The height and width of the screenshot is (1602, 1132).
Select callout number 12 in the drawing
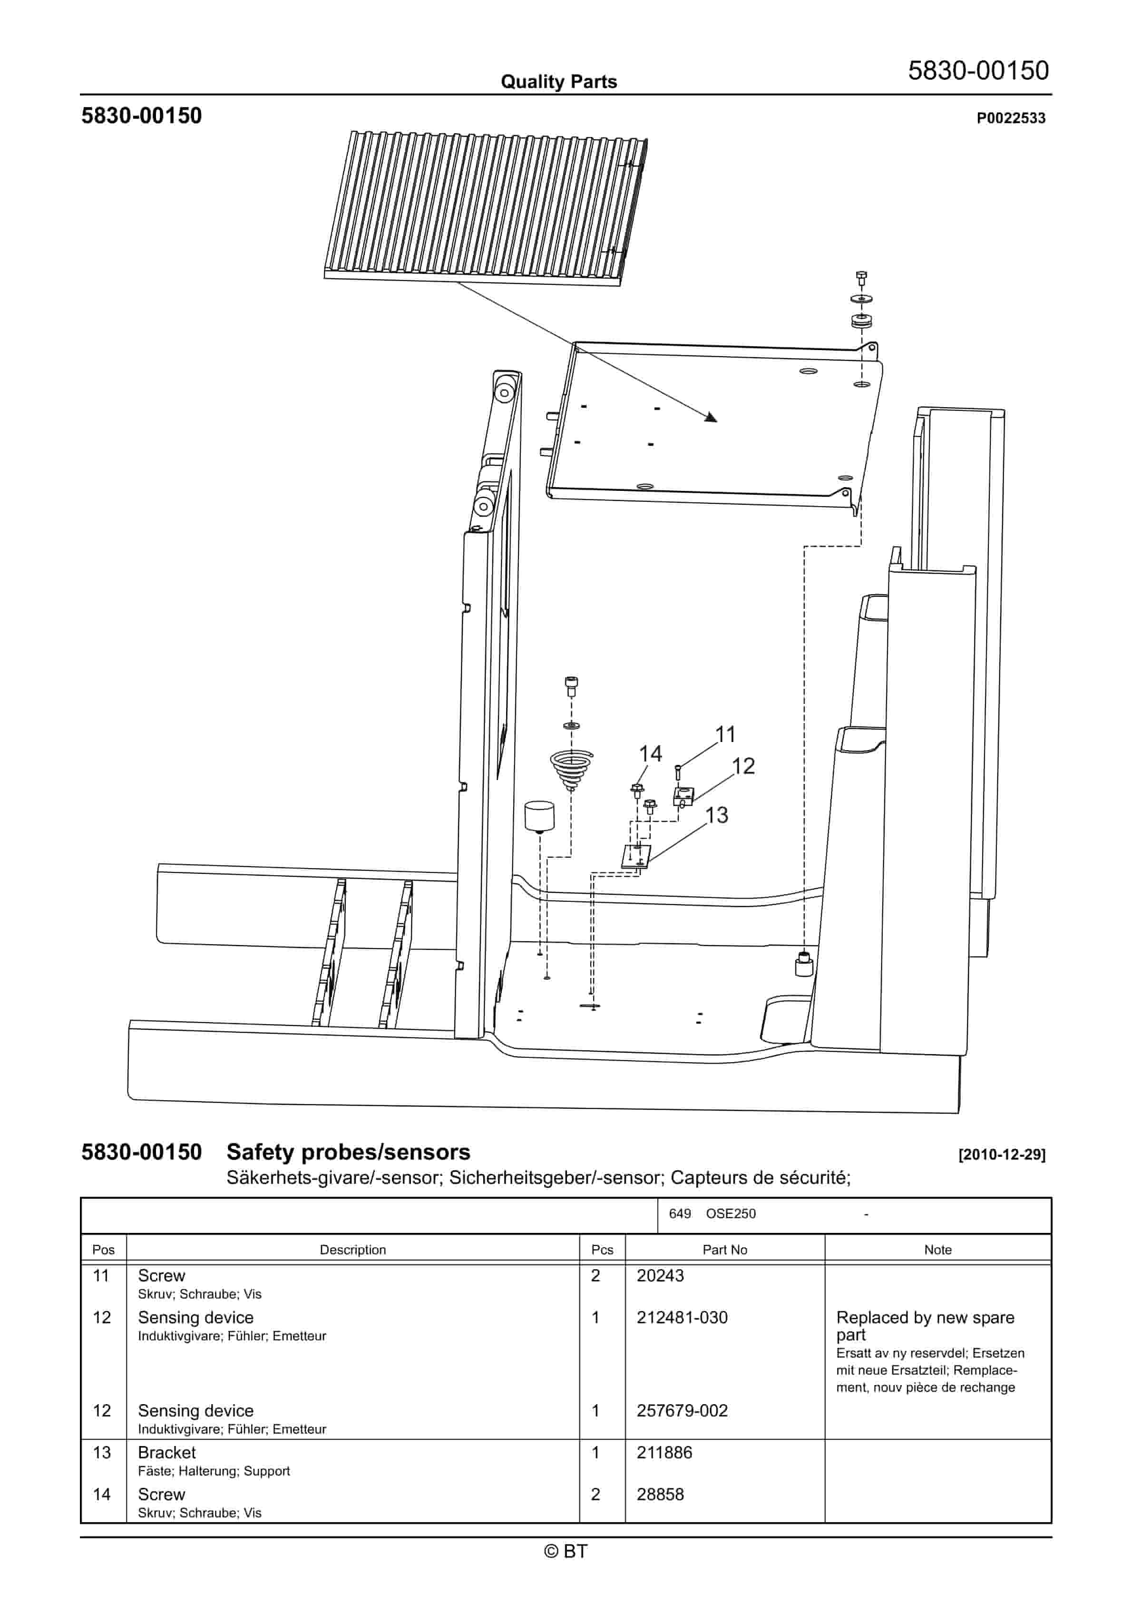click(x=743, y=766)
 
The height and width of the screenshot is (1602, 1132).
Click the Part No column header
click(x=724, y=1250)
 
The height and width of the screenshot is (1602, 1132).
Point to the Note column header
click(x=937, y=1250)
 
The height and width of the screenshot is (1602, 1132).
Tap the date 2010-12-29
click(x=1002, y=1155)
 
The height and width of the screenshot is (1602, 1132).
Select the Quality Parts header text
click(x=558, y=82)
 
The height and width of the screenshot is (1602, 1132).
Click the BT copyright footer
click(x=566, y=1551)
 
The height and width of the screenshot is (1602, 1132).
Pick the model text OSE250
click(x=731, y=1213)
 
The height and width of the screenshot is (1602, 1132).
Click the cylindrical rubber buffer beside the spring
click(x=539, y=816)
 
